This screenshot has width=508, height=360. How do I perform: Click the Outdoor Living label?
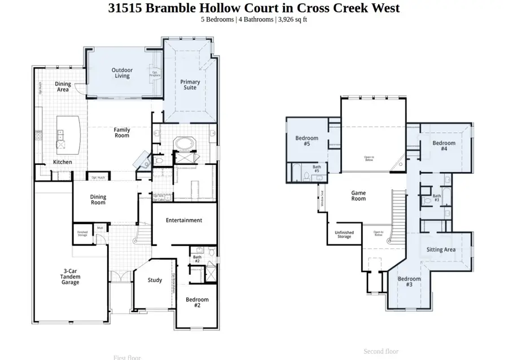122,73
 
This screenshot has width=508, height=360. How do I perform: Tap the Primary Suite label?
190,85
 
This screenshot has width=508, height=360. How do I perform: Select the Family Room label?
122,133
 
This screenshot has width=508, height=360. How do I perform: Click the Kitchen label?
63,162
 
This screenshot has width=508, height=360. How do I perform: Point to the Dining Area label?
63,87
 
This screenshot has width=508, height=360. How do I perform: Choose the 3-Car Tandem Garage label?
71,276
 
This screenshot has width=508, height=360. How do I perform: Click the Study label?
155,280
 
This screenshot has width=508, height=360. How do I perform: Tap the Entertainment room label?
184,220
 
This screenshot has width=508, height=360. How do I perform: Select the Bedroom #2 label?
197,302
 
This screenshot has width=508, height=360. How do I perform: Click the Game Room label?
358,195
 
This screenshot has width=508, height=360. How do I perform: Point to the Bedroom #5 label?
307,141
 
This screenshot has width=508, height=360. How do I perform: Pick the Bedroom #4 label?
444,146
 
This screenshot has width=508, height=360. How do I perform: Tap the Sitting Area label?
441,249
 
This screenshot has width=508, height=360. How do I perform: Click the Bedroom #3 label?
409,282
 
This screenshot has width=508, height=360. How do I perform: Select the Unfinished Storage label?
344,234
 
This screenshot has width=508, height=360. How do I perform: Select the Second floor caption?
381,351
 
